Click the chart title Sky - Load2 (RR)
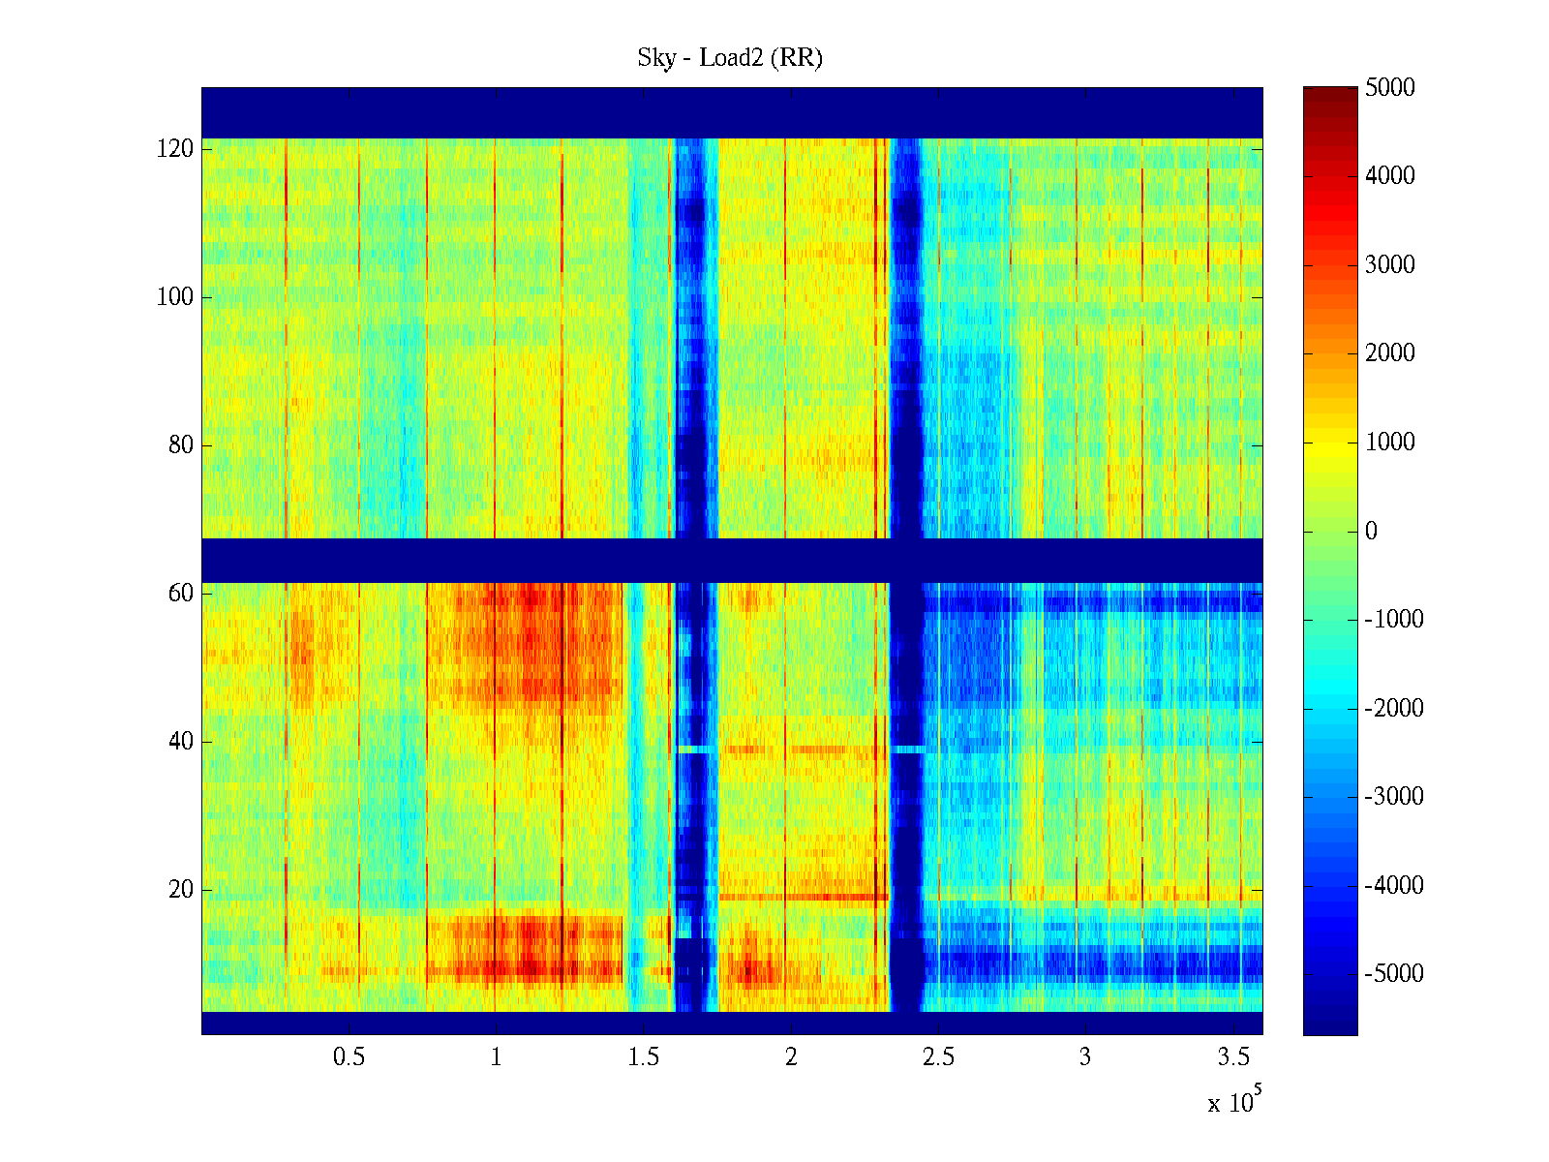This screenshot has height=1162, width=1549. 729,58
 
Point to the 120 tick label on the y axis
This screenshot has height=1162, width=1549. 175,149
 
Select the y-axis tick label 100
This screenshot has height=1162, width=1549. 175,297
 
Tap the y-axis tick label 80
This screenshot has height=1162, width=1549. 181,445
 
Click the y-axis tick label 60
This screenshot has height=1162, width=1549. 181,594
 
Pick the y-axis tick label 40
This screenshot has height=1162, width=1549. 181,742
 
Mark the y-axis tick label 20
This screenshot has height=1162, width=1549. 181,890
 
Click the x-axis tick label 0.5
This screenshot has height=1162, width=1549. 349,1057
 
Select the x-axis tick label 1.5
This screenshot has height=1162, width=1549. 643,1057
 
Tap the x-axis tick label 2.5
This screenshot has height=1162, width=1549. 938,1057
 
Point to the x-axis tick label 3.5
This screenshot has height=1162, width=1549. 1232,1057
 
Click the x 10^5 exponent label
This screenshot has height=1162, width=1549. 1233,1101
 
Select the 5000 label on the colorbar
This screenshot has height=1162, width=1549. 1389,88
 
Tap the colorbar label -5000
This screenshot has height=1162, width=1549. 1394,974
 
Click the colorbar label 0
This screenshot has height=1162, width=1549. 1371,531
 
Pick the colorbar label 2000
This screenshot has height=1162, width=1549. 1389,353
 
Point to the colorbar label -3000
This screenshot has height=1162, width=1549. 1394,797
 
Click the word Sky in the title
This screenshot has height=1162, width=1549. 655,58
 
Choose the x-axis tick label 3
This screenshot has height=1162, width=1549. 1085,1057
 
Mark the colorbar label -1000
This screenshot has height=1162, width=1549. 1394,620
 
